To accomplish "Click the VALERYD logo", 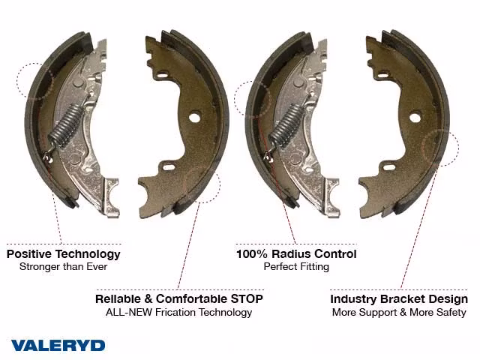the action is pyautogui.click(x=58, y=345).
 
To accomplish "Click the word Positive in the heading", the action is pyautogui.click(x=29, y=254).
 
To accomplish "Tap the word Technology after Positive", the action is pyautogui.click(x=88, y=255).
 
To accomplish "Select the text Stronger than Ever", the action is pyautogui.click(x=63, y=267).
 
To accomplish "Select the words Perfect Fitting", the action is pyautogui.click(x=296, y=267).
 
